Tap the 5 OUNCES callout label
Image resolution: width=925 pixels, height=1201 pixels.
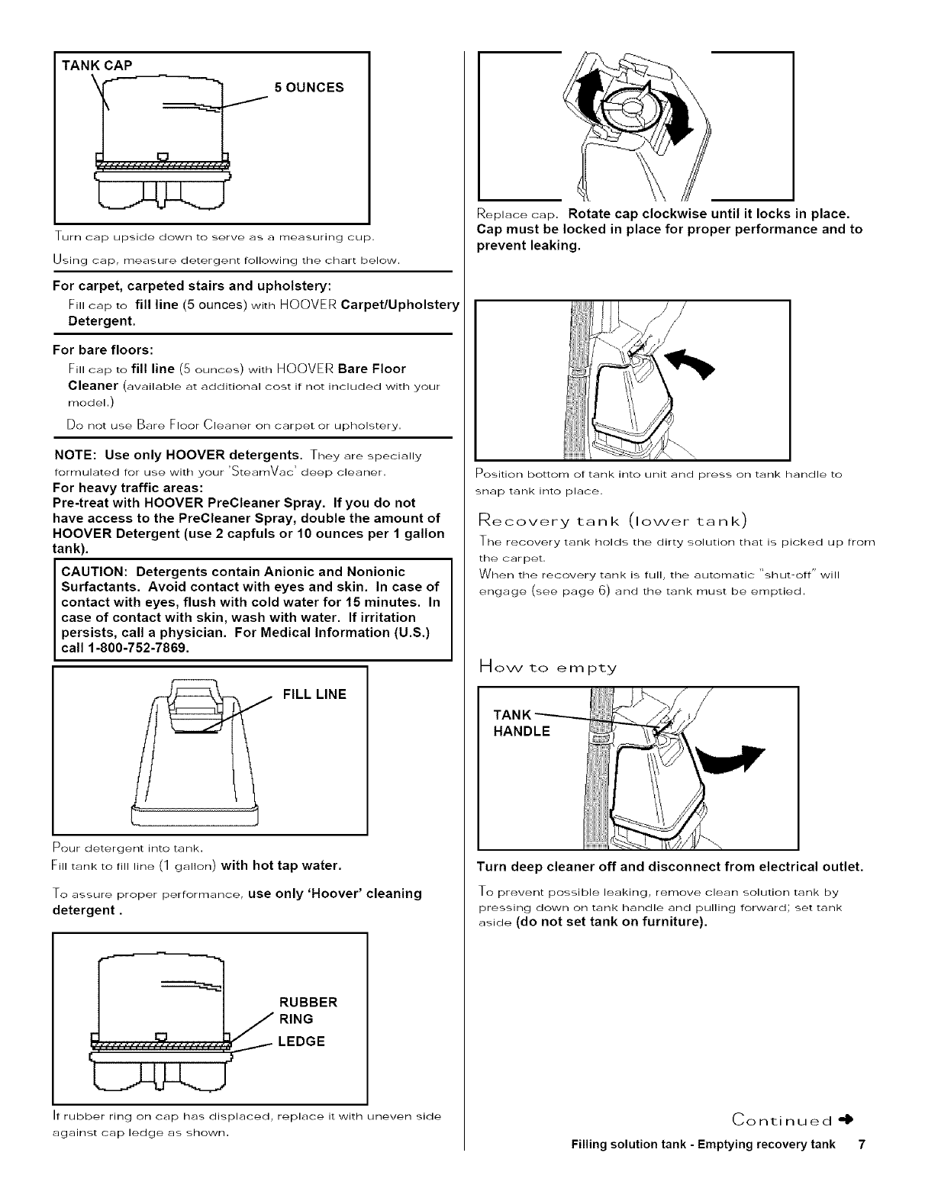coord(308,87)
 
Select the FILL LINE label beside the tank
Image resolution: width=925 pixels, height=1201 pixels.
coord(314,694)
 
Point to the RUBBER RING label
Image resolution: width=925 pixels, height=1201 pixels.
coord(308,1010)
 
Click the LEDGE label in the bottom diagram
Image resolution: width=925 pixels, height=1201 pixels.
coord(301,1042)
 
